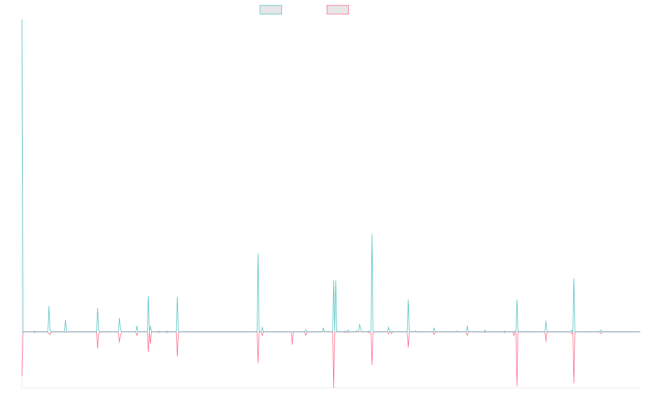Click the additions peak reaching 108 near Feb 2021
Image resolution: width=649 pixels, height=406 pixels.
[x=372, y=234]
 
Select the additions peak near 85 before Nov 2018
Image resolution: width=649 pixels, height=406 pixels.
[x=258, y=254]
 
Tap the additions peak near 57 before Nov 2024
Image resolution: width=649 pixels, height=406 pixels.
[x=574, y=279]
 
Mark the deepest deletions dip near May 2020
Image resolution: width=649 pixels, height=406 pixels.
[x=334, y=387]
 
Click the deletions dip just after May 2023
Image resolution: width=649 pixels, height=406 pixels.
[x=517, y=385]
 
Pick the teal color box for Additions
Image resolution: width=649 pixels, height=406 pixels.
[x=271, y=10]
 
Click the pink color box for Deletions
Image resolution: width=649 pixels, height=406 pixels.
[x=338, y=10]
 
